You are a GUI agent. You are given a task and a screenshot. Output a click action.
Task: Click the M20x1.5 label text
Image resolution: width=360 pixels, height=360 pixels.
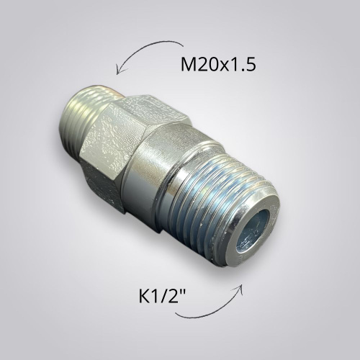point(218,65)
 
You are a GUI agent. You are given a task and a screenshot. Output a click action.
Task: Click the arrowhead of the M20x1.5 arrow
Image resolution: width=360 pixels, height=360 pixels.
point(120,70)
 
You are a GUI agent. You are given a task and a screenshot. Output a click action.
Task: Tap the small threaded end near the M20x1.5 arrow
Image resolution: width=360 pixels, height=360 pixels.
point(81,120)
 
